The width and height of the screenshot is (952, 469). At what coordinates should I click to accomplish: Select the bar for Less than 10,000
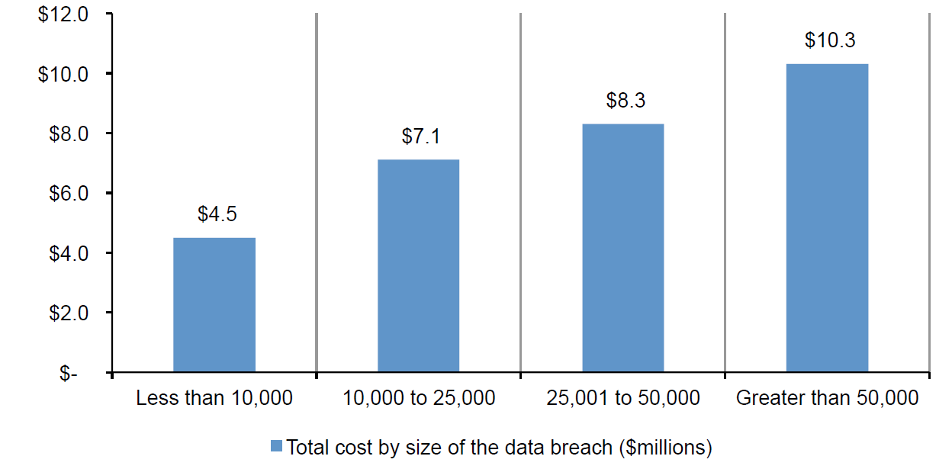[214, 305]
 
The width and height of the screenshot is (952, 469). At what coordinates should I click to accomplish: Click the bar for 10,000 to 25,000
[419, 266]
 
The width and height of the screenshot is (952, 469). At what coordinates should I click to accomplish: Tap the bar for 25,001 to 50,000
[623, 248]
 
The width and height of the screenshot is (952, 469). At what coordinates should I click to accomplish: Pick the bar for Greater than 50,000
[827, 218]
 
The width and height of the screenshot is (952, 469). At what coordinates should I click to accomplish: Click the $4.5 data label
[217, 214]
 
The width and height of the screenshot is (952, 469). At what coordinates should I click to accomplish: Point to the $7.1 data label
[421, 137]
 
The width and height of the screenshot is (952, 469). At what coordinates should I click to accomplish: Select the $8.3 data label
[626, 101]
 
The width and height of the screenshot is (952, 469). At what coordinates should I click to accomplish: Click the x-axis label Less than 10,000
[214, 398]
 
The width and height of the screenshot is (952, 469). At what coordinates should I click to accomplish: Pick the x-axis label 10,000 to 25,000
[419, 398]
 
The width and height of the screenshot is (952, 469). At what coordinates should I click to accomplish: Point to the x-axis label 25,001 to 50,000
[623, 398]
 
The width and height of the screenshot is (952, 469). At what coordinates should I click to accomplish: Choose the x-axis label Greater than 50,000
[828, 398]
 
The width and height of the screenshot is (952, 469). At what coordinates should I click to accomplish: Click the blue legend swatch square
[277, 446]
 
